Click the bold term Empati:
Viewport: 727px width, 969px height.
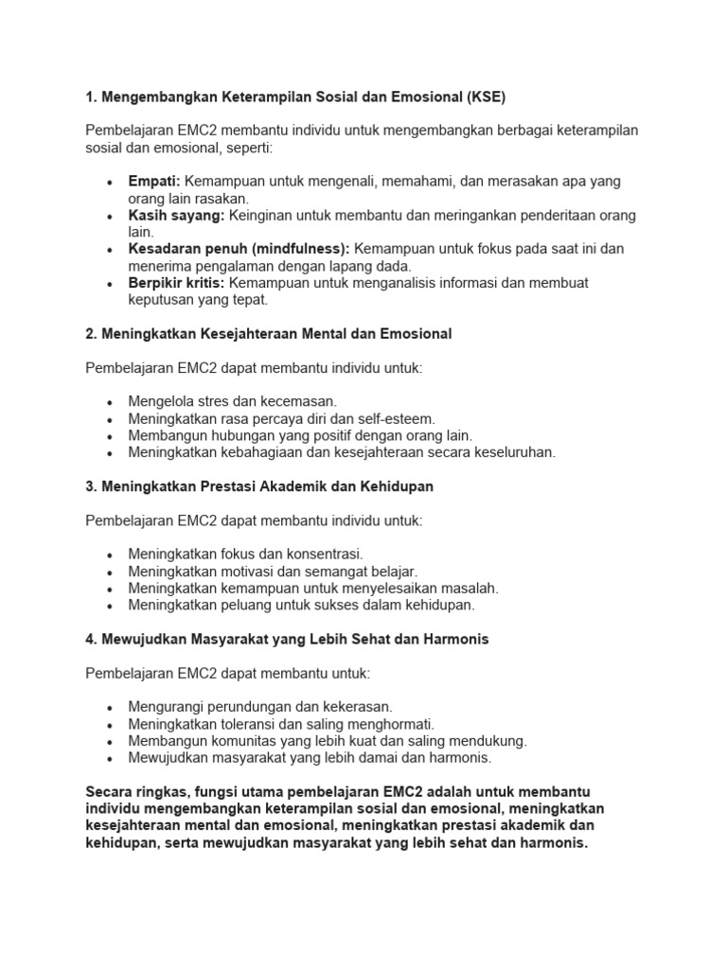click(154, 181)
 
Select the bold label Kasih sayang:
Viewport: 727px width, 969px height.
click(176, 215)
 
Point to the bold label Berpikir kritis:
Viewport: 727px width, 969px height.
click(176, 283)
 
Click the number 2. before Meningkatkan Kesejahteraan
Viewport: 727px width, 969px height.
click(91, 333)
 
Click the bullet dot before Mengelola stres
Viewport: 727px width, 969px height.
click(111, 402)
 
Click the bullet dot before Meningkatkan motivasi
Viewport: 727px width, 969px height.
click(111, 573)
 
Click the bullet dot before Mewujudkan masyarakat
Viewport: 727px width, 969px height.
click(111, 759)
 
